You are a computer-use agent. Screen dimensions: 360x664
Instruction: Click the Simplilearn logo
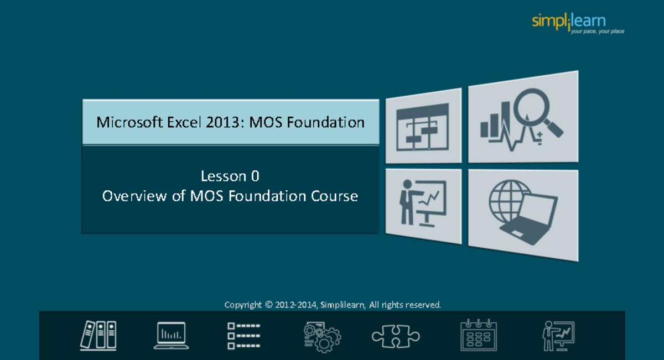569,21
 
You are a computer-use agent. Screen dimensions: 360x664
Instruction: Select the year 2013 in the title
224,122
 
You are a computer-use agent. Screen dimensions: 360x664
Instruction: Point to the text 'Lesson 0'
230,176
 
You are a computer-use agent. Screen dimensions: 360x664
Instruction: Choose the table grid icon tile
423,127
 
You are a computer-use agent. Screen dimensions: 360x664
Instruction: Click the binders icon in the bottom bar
98,335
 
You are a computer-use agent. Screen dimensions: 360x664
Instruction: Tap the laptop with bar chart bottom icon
171,335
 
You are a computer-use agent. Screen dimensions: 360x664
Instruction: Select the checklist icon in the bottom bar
243,335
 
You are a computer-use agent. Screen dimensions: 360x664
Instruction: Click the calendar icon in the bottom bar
479,335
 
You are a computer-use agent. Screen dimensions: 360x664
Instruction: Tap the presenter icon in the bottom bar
558,335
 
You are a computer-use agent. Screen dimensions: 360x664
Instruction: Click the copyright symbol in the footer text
269,305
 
